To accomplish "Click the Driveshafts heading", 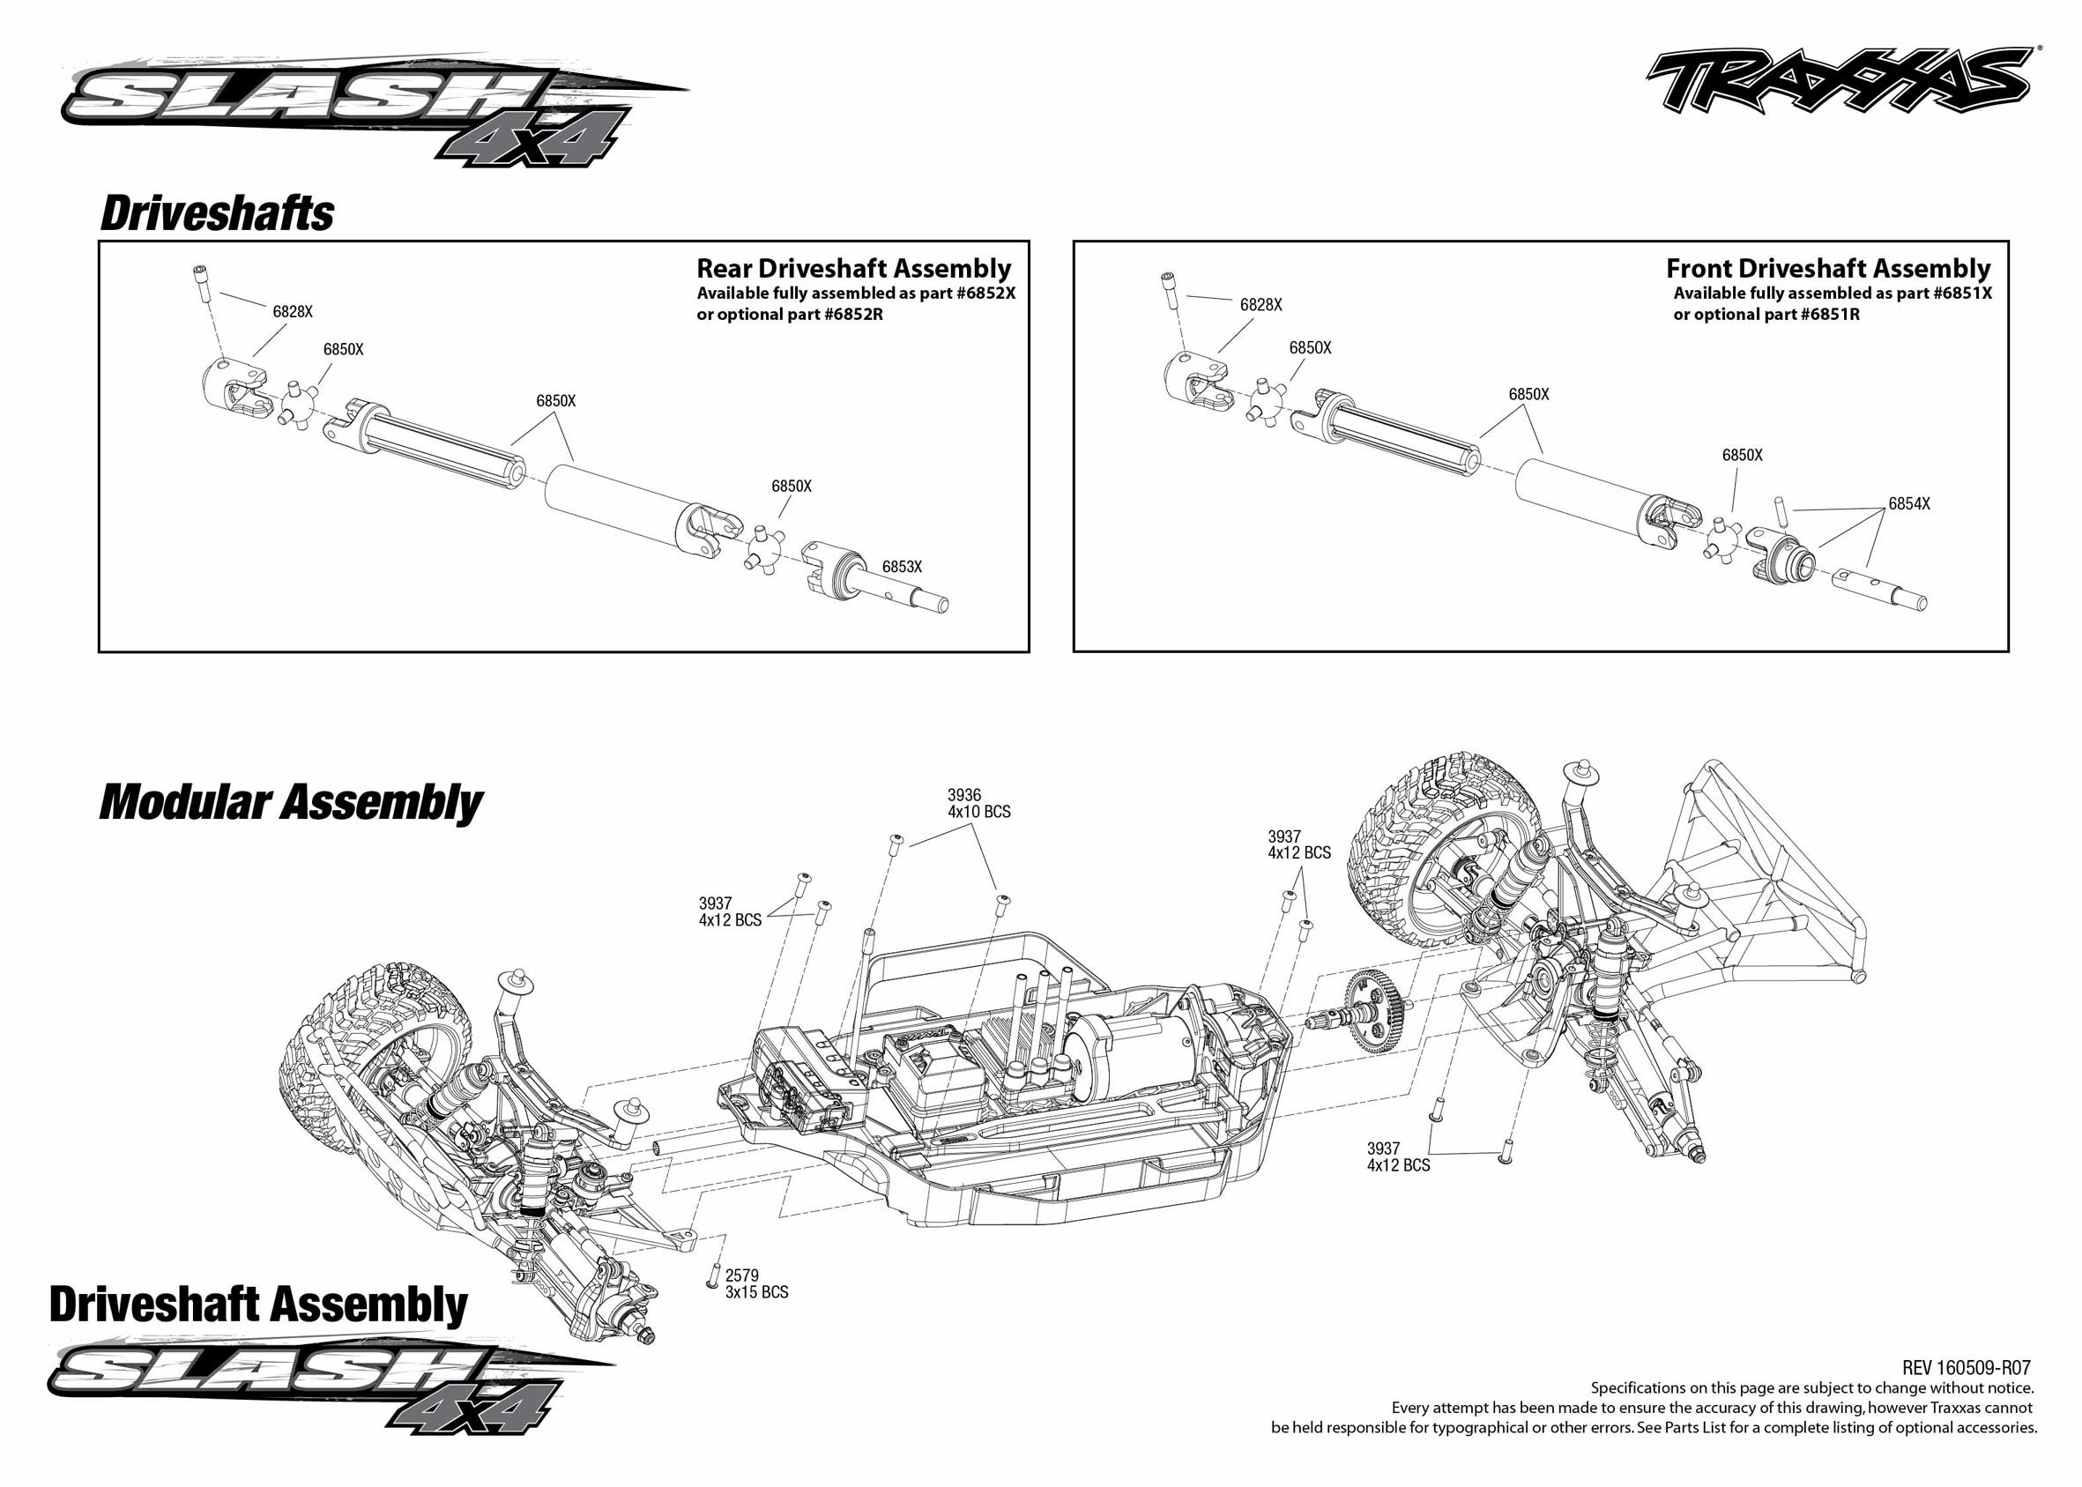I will (x=217, y=213).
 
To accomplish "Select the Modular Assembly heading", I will (x=290, y=802).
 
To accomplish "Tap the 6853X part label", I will (x=902, y=567).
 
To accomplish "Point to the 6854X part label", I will (x=1909, y=503).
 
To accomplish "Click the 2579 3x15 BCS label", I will (x=756, y=1283).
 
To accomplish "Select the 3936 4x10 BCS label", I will (x=978, y=803).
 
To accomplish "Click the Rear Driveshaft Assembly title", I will (x=853, y=268).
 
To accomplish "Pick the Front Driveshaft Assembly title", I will (x=1827, y=268).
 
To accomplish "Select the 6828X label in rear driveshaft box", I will (x=292, y=311).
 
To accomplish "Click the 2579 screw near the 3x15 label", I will (x=712, y=1276).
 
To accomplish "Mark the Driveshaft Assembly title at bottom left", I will (x=258, y=1304).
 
